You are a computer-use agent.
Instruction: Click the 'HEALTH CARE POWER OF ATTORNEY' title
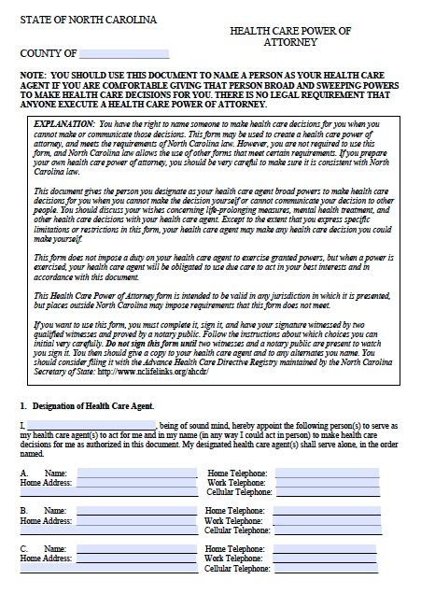[x=290, y=36]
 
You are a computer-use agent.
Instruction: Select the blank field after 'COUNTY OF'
[x=124, y=54]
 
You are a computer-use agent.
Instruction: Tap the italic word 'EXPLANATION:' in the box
[x=63, y=122]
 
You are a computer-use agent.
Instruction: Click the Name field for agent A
[x=136, y=474]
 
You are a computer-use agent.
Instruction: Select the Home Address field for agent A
[x=136, y=483]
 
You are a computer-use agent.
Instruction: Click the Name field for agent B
[x=136, y=511]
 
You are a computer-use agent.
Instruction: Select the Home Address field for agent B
[x=136, y=521]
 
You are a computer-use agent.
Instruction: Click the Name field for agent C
[x=136, y=549]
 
